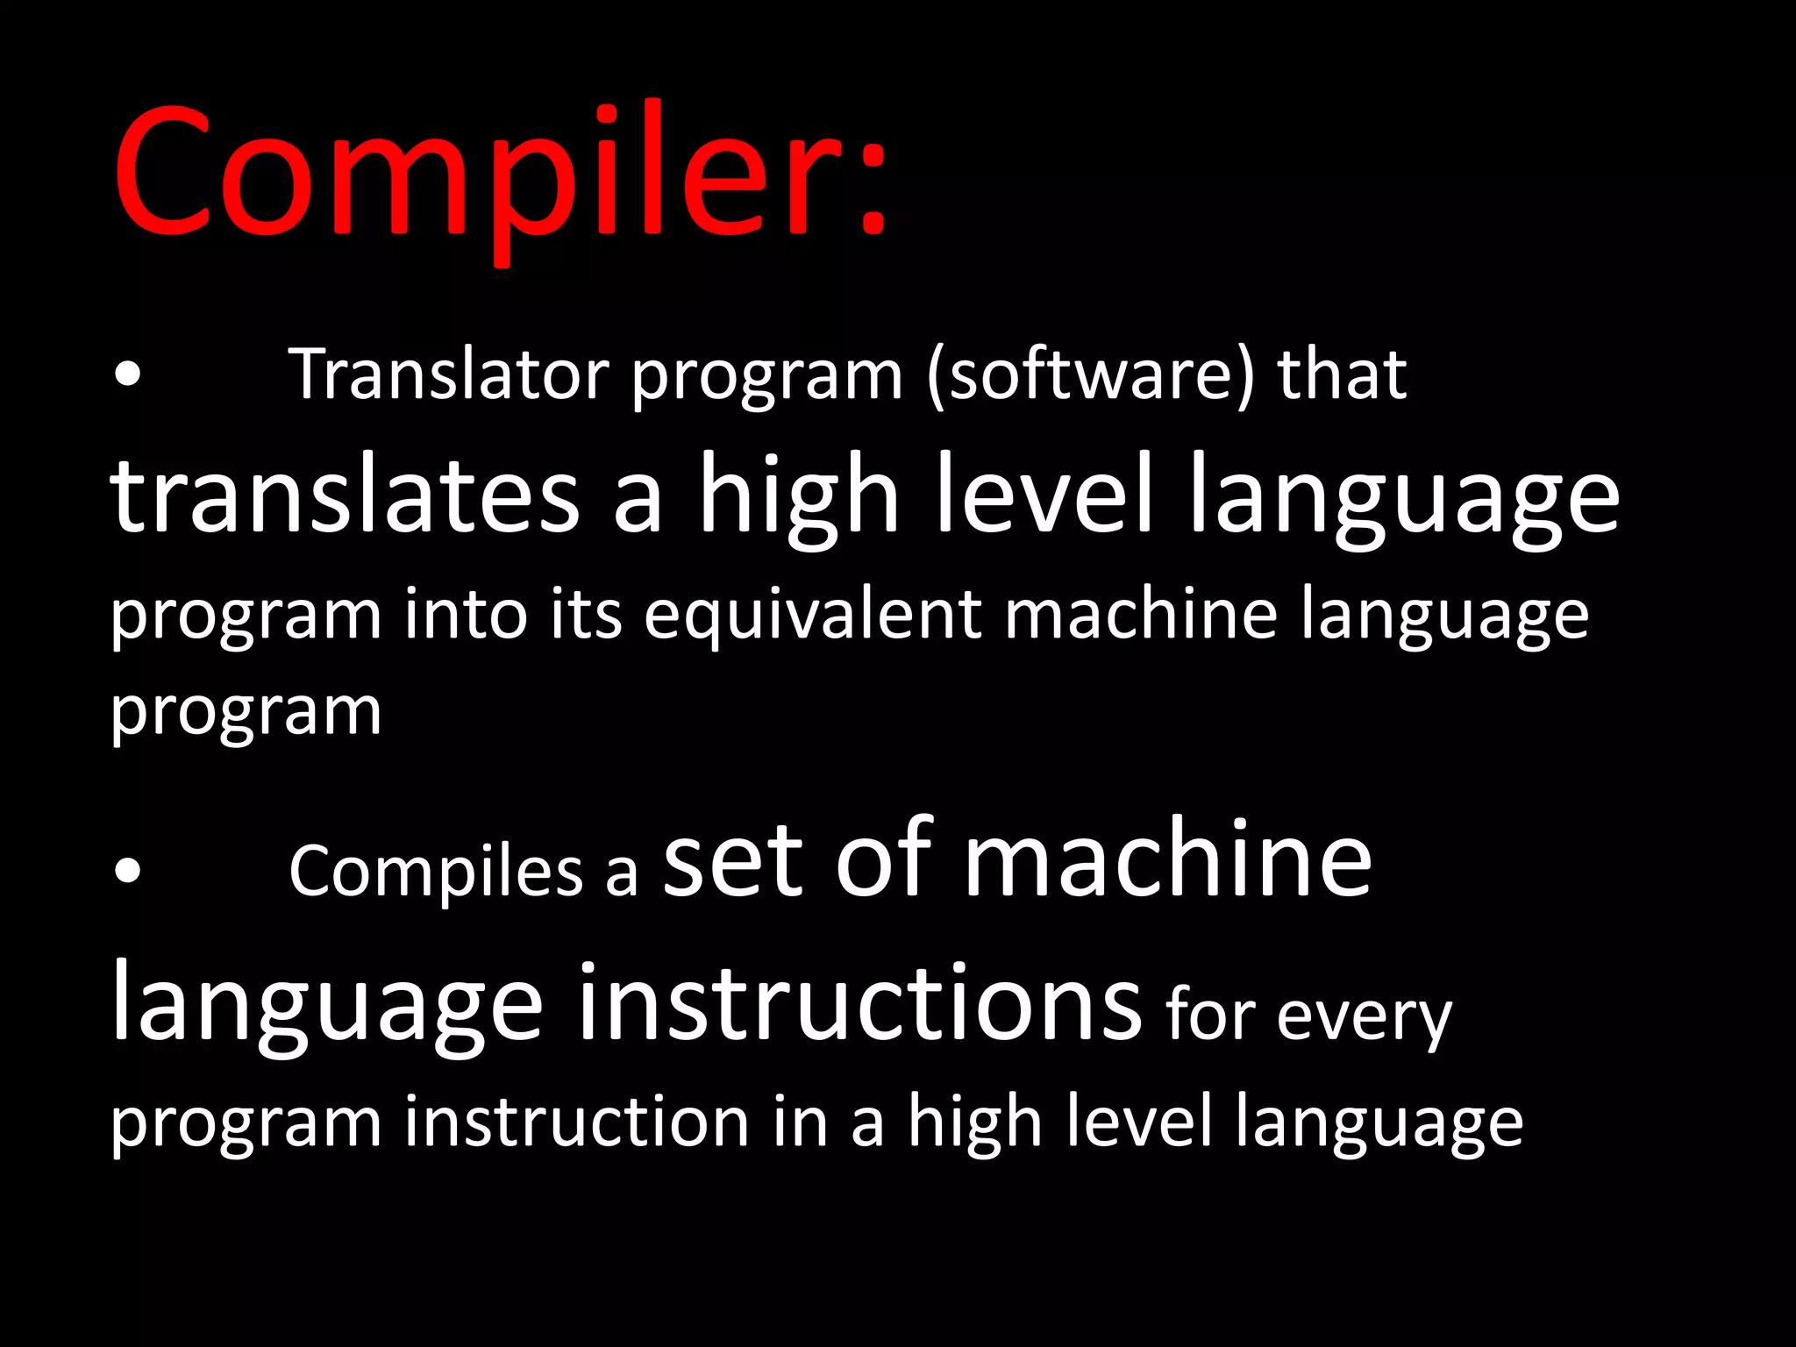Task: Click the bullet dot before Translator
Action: point(128,375)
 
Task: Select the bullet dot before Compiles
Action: point(128,871)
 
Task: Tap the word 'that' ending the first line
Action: point(1342,375)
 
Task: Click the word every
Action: point(1364,1017)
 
